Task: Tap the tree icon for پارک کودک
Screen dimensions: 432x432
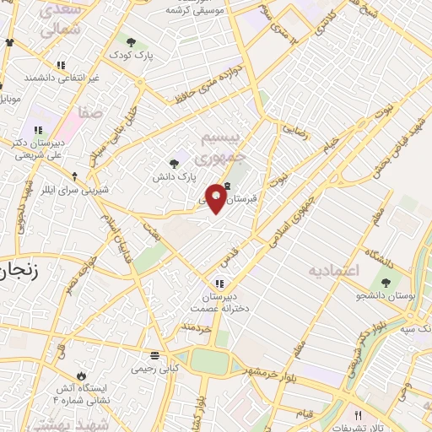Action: [x=131, y=40]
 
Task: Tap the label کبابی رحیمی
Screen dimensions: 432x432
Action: [x=154, y=369]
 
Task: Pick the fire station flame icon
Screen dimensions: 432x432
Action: [x=81, y=375]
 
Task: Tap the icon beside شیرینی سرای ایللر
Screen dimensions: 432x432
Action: [x=76, y=176]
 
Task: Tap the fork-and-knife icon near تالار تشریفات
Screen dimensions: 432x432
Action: [x=358, y=415]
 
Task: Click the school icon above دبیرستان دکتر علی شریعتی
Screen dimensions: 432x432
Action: [x=38, y=130]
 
